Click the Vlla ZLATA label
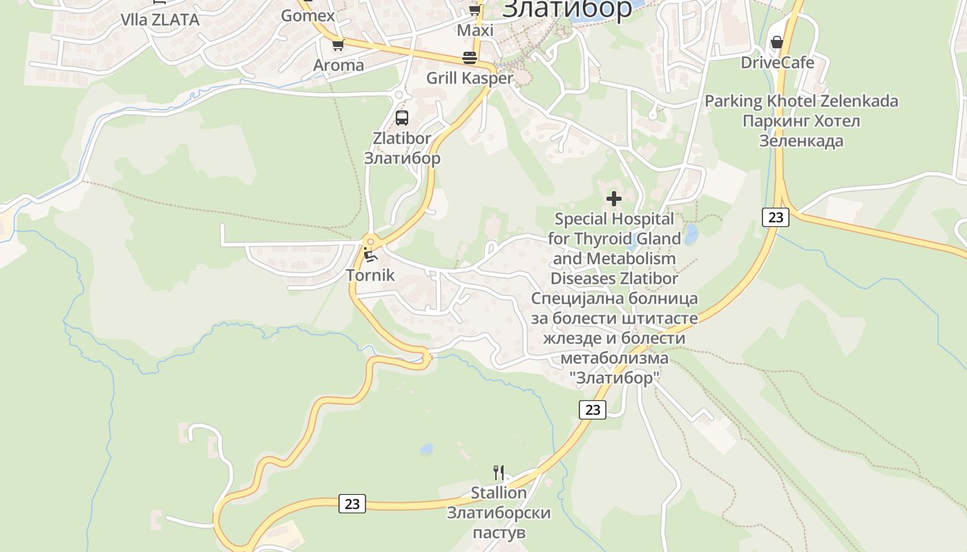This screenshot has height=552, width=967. tap(160, 19)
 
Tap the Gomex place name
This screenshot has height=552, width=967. tap(308, 15)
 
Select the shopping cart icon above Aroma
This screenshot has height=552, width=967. tap(338, 46)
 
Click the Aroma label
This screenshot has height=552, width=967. tap(338, 65)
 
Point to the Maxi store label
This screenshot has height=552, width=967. tap(475, 30)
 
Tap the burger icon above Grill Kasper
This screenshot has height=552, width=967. tap(470, 57)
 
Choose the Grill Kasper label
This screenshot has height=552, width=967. tap(470, 78)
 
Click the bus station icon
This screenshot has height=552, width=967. tap(402, 118)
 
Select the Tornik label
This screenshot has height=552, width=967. tap(370, 275)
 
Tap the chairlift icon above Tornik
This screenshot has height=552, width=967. tap(370, 255)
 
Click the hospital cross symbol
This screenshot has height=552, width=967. tap(613, 199)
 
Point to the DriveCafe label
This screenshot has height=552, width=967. tap(777, 62)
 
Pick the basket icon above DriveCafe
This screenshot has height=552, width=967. tap(777, 43)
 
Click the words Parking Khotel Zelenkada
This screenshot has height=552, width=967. tap(801, 101)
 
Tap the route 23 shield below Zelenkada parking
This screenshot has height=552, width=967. tap(776, 217)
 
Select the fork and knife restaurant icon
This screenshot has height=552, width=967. tap(499, 473)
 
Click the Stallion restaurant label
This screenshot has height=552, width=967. tap(499, 493)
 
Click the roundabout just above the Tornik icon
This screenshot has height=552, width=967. tap(371, 241)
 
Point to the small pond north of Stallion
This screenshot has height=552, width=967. tap(427, 449)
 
